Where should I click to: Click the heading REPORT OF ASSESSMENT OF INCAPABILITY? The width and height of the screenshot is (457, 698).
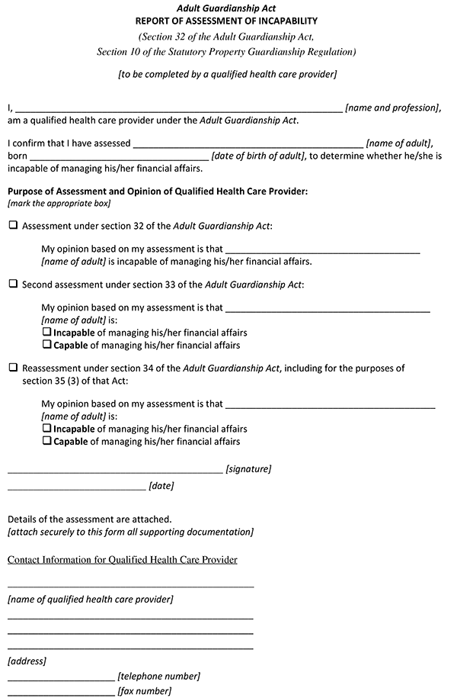pos(226,21)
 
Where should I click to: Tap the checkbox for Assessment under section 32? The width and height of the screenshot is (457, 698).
pos(13,226)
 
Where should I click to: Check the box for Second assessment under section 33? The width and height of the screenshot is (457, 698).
pos(13,284)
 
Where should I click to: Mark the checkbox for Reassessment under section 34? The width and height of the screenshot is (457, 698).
pos(13,368)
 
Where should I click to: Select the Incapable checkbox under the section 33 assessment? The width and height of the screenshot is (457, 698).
pos(46,333)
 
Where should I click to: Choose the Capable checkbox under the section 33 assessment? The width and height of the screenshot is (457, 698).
pos(46,345)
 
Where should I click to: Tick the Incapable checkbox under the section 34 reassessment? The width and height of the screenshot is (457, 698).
pos(46,429)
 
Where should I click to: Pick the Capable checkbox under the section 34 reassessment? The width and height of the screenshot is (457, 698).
pos(46,441)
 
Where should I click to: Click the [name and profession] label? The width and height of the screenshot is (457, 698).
pos(392,108)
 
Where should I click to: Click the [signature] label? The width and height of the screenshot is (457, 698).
pos(248,469)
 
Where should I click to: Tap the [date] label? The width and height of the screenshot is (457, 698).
pos(161,485)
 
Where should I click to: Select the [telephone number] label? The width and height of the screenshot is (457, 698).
pos(158,676)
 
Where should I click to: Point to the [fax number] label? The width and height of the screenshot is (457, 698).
pos(144,691)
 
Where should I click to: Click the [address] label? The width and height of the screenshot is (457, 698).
pos(27,661)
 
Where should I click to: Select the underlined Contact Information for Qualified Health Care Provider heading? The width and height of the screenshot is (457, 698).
pos(123,560)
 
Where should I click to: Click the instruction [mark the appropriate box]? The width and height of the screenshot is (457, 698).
pos(59,204)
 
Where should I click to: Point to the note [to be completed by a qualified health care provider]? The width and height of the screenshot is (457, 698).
pos(227,75)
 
